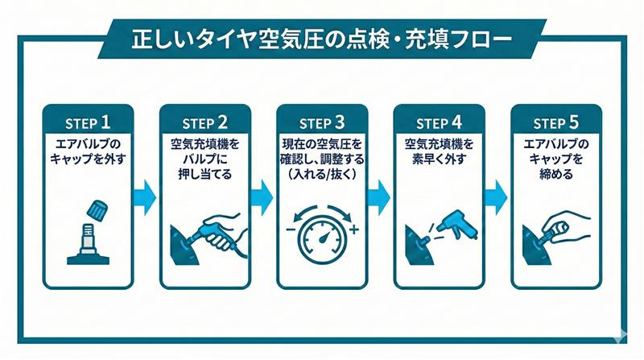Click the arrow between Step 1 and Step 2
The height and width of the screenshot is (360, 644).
(x=147, y=194)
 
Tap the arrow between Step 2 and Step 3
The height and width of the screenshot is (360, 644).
(x=263, y=194)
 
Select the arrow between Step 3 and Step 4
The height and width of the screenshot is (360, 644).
(x=380, y=194)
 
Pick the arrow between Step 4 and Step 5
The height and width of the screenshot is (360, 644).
(x=497, y=194)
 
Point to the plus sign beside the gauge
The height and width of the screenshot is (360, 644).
(x=354, y=230)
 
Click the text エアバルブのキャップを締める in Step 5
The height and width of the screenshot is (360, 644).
(x=556, y=159)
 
